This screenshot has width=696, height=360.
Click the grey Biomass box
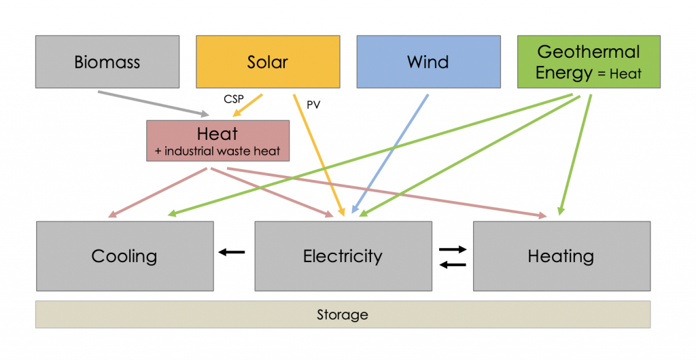pos(107,62)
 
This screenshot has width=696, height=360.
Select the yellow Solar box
pos(268,62)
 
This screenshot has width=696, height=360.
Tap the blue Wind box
pos(428,62)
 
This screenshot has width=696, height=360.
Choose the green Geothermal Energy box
pos(589,62)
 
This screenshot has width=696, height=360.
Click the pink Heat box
pos(217,141)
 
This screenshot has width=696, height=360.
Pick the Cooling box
pos(124,256)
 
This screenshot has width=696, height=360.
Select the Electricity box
pos(343,256)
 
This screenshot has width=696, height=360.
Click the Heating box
pos(561,256)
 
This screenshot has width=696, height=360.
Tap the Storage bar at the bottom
pos(343,314)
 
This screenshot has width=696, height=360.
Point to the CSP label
pos(233,99)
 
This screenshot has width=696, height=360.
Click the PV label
pos(313,105)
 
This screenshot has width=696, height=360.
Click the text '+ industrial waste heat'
pos(217,151)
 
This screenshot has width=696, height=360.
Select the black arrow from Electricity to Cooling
pos(231,253)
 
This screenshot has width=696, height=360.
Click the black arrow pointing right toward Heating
pos(453,249)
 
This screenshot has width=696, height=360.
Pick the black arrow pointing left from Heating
pos(453,264)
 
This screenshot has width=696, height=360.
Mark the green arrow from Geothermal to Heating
pos(575,154)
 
